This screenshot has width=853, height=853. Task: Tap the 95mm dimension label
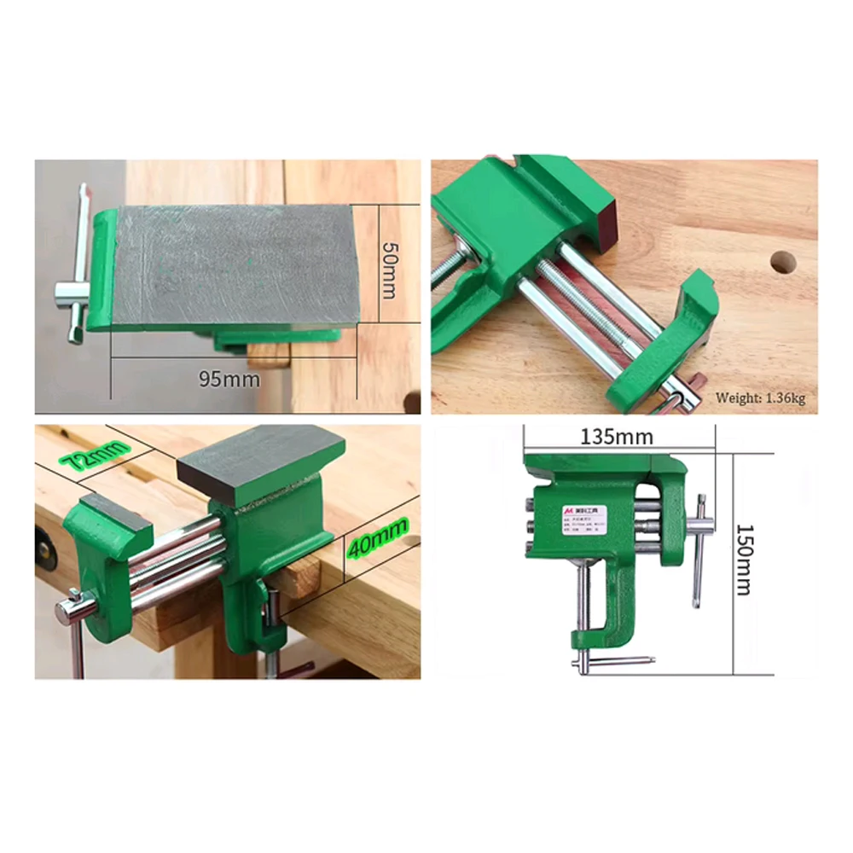[x=229, y=378]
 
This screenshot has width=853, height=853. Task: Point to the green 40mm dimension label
[x=377, y=539]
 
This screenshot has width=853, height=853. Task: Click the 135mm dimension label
[x=617, y=438]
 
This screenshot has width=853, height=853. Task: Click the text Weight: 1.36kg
[x=759, y=397]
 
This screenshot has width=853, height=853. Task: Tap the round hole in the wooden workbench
[x=783, y=262]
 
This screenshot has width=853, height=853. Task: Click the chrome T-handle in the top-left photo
[x=77, y=273]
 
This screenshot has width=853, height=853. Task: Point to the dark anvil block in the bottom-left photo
[x=260, y=461]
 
